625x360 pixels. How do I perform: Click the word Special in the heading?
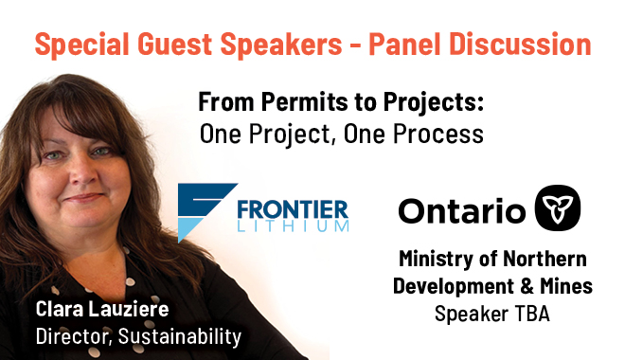[x=81, y=45]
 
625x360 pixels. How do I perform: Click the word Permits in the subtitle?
[x=305, y=103]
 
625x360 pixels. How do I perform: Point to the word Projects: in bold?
[x=434, y=103]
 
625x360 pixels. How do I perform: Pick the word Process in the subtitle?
[x=438, y=134]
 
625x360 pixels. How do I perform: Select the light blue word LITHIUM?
[x=293, y=226]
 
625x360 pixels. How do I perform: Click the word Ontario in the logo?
[x=461, y=211]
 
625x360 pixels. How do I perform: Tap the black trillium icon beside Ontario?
[x=557, y=207]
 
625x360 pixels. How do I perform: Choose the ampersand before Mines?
[x=527, y=286]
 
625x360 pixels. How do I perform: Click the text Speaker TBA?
[x=492, y=314]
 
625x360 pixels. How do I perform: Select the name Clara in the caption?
[x=60, y=309]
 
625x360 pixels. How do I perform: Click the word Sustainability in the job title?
[x=180, y=336]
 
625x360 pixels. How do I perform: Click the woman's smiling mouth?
[x=82, y=197]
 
